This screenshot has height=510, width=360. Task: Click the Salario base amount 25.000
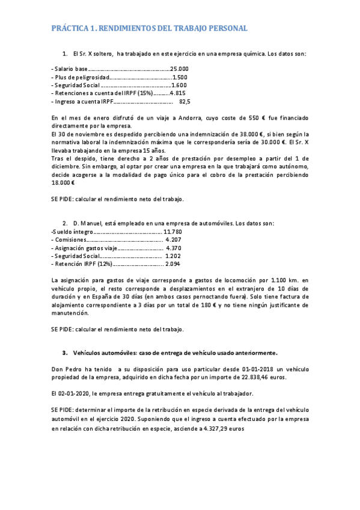[x=180, y=69]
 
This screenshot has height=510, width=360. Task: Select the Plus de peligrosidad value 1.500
[x=180, y=78]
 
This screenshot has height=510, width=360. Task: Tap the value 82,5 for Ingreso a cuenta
[x=185, y=102]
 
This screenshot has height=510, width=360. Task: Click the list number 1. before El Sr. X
[x=65, y=54]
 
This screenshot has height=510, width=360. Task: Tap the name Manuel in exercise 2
[x=94, y=224]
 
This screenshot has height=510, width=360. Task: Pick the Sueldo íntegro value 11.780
[x=172, y=232]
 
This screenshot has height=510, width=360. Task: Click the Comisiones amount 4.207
[x=173, y=239]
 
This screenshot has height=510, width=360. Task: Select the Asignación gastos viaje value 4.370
[x=173, y=248]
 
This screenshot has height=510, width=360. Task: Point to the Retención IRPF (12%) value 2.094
[x=172, y=264]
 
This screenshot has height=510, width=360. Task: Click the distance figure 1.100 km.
[x=284, y=280]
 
